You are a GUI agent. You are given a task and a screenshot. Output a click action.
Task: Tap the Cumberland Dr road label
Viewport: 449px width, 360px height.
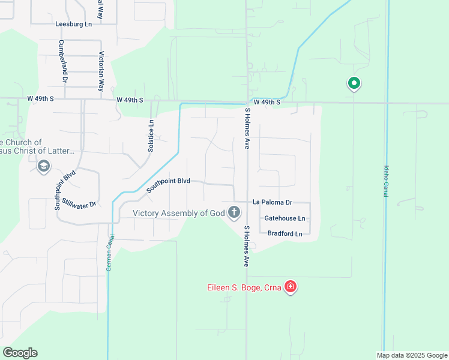(62, 61)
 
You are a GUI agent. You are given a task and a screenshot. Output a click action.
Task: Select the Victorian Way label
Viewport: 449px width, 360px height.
(101, 71)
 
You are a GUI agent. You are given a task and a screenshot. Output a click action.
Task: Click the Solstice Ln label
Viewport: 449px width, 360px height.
(151, 136)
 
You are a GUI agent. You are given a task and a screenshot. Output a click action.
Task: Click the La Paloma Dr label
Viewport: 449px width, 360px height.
(272, 202)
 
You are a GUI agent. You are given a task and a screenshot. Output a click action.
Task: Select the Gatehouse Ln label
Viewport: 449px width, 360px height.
(285, 218)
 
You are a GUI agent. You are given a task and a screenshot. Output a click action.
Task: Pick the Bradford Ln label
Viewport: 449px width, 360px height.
(285, 233)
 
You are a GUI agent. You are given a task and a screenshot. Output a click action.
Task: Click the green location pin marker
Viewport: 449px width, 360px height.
(354, 83)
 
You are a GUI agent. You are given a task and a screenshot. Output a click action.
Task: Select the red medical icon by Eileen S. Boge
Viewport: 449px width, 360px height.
(291, 287)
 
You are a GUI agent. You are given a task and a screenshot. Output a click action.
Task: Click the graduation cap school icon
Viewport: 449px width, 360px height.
(43, 166)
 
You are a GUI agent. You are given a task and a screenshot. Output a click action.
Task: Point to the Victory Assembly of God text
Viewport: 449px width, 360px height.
(178, 212)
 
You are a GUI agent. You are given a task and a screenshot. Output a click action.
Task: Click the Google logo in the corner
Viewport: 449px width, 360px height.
(20, 353)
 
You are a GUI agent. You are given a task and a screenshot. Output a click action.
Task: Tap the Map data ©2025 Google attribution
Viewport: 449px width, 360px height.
(412, 355)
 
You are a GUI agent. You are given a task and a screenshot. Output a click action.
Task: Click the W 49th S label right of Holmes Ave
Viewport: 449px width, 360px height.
(267, 103)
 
